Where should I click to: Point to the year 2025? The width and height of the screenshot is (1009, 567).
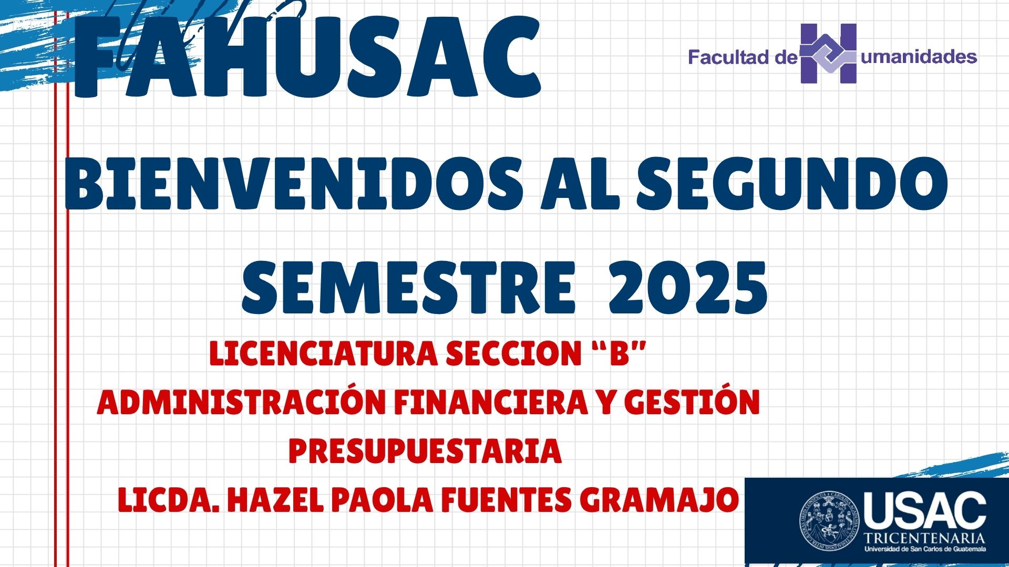click(x=688, y=287)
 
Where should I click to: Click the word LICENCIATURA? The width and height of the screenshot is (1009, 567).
click(x=323, y=353)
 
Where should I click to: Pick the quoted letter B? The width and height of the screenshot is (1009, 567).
click(x=619, y=353)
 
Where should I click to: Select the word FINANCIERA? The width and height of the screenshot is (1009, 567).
click(x=491, y=403)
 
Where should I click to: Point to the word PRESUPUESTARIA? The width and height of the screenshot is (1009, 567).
click(x=425, y=451)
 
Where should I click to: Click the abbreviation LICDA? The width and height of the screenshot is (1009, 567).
click(x=169, y=500)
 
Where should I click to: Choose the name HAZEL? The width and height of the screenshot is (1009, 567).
click(x=275, y=500)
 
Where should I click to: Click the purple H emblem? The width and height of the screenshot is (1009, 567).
click(x=828, y=54)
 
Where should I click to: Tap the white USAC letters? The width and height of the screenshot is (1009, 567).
click(x=925, y=510)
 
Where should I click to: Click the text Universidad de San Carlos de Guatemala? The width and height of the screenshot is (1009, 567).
click(x=925, y=549)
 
